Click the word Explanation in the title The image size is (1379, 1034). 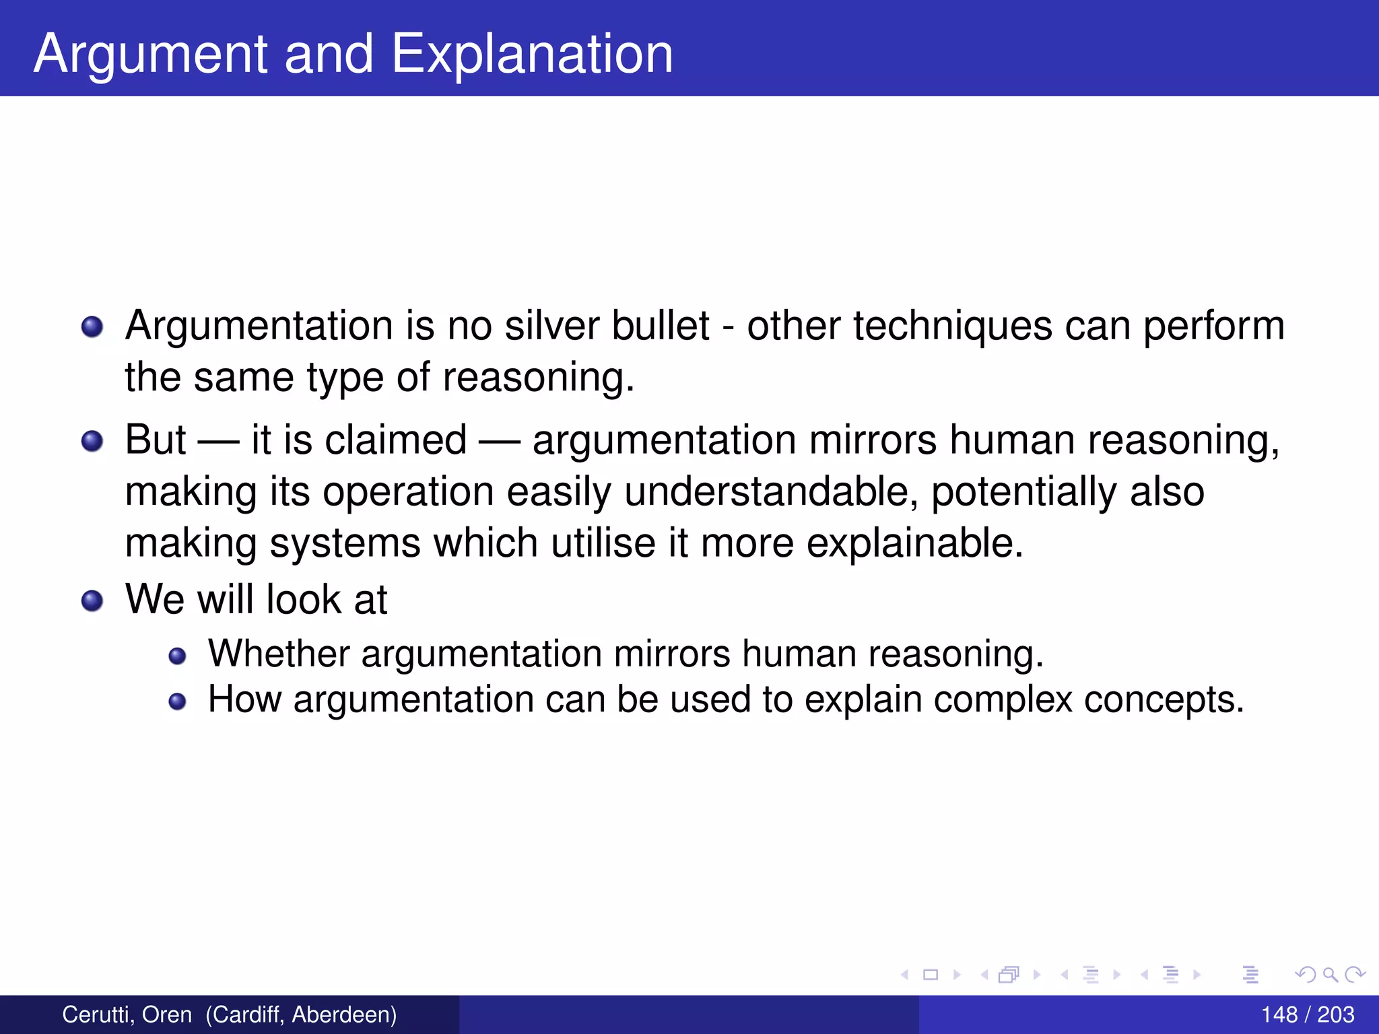point(532,54)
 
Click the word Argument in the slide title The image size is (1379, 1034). point(152,54)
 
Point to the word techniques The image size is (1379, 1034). point(953,326)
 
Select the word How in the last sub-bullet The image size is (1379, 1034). point(244,699)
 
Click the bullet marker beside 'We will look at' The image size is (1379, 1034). point(92,600)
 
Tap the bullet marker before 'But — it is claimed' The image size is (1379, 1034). point(92,442)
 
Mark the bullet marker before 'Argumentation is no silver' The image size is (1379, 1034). point(92,327)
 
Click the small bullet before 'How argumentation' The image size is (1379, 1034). point(177,701)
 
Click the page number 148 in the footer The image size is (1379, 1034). point(1279,1014)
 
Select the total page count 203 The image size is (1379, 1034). point(1335,1014)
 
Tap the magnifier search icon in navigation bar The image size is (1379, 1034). point(1329,974)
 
